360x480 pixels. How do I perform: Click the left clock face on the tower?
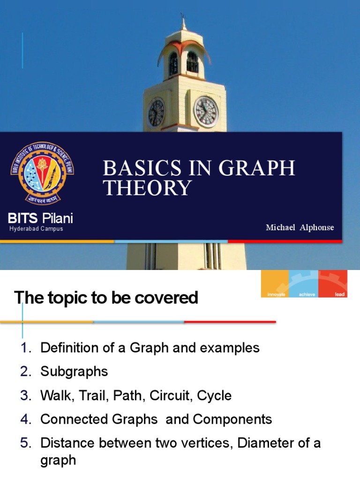point(156,113)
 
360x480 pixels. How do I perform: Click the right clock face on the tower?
point(206,112)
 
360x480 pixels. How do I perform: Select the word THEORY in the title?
point(147,188)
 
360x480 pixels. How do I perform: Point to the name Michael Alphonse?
point(300,227)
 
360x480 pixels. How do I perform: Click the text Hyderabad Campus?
point(36,229)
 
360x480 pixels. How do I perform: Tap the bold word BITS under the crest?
point(23,218)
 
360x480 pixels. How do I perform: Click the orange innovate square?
point(275,284)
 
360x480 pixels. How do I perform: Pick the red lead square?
point(333,284)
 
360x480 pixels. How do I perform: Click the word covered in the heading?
point(165,298)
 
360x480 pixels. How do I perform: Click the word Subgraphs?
point(74,372)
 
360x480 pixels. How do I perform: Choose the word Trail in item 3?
point(89,395)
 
